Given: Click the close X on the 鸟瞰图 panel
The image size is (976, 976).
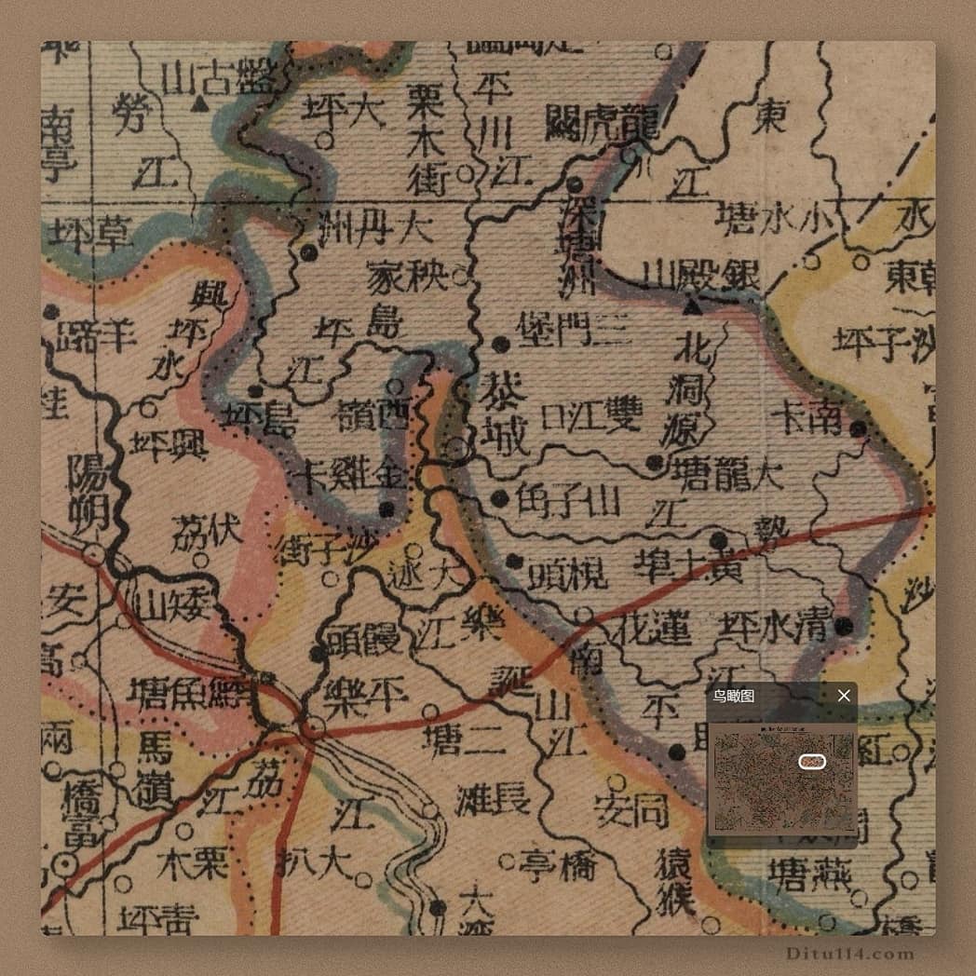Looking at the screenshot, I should point(844,696).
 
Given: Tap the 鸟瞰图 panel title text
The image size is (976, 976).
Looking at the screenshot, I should point(734,696).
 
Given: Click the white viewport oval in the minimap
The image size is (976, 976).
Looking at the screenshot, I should point(812,762).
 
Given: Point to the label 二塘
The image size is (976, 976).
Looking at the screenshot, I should point(463,739).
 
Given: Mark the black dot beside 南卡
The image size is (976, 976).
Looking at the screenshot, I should point(859,428).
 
